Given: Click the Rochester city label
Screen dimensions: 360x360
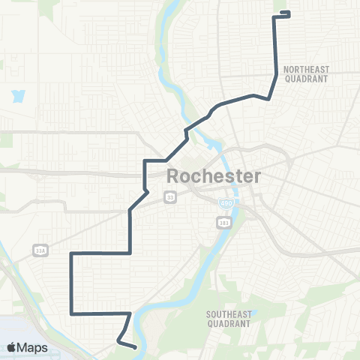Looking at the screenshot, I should point(213,178).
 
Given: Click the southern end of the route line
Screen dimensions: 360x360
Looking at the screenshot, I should point(134,347).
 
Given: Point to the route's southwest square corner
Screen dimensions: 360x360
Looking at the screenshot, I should point(71,313).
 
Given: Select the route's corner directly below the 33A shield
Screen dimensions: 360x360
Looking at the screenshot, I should point(71,254).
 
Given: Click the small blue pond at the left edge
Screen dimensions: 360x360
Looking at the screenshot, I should point(17,96).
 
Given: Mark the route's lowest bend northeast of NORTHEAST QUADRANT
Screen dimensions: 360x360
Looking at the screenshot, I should point(268,98).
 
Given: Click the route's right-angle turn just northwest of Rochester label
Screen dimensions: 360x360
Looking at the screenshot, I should point(145,161).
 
